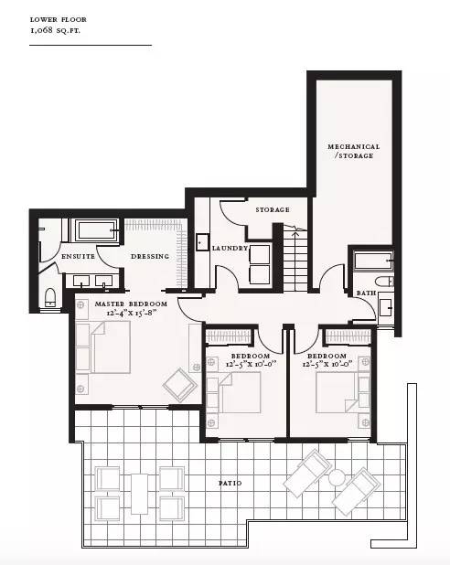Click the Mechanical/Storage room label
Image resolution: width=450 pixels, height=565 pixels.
pos(353,152)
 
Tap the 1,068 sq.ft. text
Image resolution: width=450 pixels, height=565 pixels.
pos(55,30)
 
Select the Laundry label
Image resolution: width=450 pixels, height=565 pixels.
pos(230,249)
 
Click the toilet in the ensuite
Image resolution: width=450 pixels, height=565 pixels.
pos(50,297)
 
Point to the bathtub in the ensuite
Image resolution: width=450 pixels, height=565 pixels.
pos(96,230)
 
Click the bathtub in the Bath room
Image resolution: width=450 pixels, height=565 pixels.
pos(373,261)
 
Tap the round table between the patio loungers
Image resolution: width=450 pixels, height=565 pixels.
pos(337,477)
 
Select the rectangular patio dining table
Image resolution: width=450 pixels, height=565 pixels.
pos(139,494)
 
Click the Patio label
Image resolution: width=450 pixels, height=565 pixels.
pos(230,484)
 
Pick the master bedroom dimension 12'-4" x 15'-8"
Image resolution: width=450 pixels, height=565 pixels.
pos(131,313)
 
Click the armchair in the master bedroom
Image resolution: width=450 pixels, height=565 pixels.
pos(180,385)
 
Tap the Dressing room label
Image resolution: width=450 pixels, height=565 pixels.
pos(150,257)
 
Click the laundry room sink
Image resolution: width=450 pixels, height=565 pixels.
pos(202,242)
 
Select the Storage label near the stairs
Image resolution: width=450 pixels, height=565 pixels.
pos(273,209)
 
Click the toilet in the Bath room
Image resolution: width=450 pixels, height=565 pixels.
pos(384,282)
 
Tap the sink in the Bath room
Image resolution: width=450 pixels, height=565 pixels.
pos(386,308)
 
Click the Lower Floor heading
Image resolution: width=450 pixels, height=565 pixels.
pos(58,19)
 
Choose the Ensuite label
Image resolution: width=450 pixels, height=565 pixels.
pos(79,257)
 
